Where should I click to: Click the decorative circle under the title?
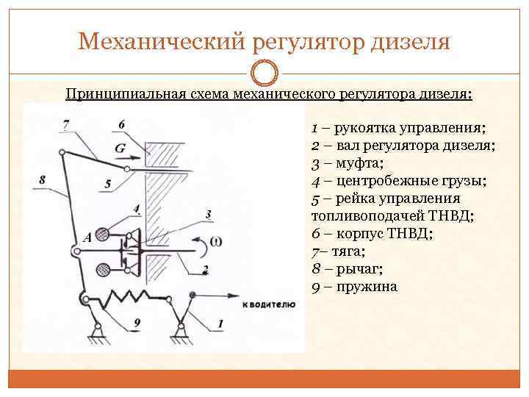[265, 74]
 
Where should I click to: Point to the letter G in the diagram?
[120, 147]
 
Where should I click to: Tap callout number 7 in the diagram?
[67, 123]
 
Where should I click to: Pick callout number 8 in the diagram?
[42, 179]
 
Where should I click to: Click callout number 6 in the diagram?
[121, 123]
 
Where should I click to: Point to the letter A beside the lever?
[87, 237]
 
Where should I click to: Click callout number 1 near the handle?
[220, 323]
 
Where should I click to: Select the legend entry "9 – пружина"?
[354, 286]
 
